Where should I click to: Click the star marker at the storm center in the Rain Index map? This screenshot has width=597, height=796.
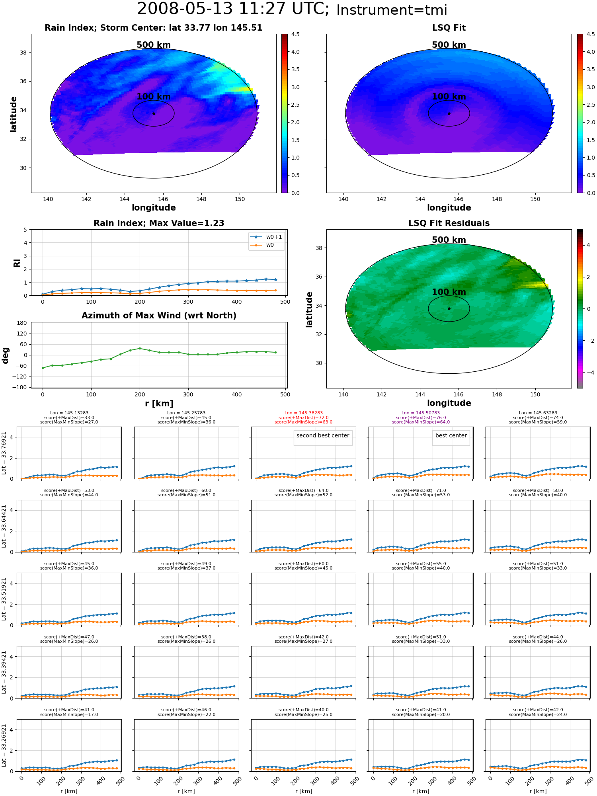click(154, 113)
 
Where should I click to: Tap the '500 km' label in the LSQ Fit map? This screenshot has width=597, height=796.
click(449, 45)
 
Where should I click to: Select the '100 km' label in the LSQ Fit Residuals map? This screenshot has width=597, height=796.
click(449, 292)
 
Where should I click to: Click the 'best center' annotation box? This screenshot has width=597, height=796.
click(451, 436)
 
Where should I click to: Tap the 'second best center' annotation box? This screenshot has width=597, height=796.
click(323, 436)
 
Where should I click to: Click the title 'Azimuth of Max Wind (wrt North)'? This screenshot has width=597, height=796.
click(159, 316)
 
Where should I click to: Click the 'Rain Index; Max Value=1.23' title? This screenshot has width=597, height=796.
click(159, 223)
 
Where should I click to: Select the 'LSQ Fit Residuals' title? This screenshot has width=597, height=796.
click(449, 223)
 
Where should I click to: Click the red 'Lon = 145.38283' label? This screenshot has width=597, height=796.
click(304, 413)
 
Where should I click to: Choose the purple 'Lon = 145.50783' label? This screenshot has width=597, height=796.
click(421, 413)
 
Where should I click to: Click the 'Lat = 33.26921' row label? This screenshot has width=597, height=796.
click(4, 745)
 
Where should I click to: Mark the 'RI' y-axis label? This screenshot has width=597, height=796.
click(17, 263)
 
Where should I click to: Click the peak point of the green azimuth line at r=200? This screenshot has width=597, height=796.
click(140, 348)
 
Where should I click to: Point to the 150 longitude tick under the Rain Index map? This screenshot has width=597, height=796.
click(240, 199)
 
